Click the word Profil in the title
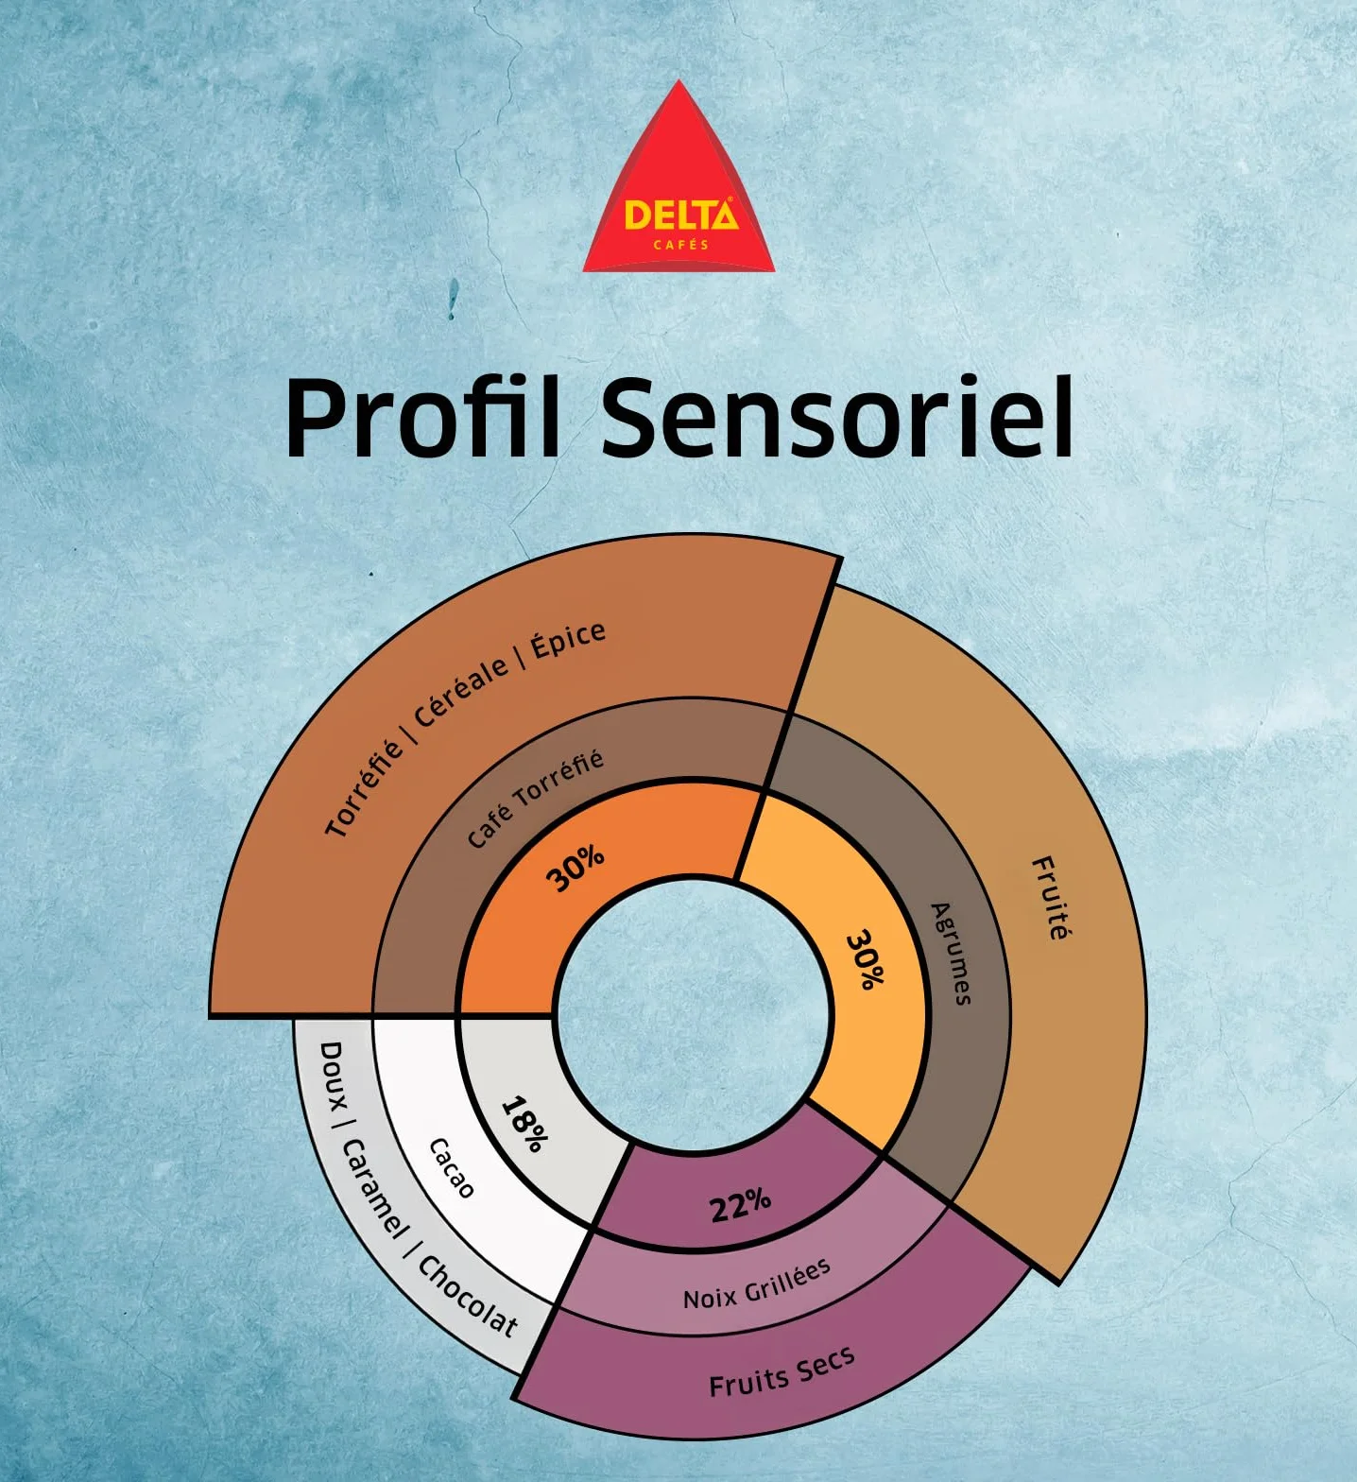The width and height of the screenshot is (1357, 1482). tap(423, 418)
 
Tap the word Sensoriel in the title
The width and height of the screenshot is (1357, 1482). tap(838, 416)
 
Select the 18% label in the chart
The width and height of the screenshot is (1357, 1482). tap(524, 1124)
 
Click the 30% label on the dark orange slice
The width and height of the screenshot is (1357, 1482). tap(575, 868)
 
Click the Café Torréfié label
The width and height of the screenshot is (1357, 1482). tap(535, 799)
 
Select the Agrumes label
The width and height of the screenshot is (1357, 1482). tap(951, 954)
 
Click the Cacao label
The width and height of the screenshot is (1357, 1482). tap(451, 1168)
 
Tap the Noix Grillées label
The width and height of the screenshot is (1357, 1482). tap(757, 1284)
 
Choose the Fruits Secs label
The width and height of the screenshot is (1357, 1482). tap(782, 1371)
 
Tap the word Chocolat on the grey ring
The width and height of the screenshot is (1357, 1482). tap(468, 1296)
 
